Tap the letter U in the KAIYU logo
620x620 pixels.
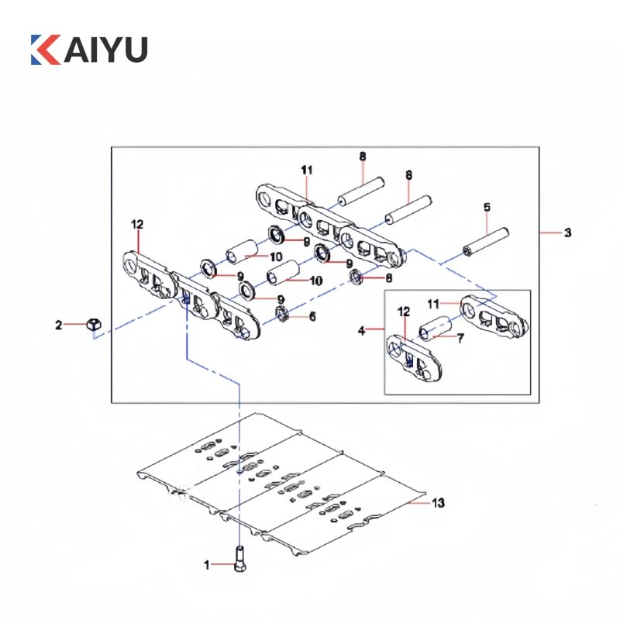click(x=132, y=49)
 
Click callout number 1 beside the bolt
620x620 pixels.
click(x=207, y=566)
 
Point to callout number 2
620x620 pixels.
click(x=58, y=325)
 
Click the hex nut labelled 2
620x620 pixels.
click(x=91, y=325)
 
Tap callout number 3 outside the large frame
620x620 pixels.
click(x=567, y=232)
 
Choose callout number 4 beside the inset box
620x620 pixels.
click(x=361, y=330)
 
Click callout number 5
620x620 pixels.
click(x=487, y=207)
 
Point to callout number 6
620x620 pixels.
click(x=312, y=316)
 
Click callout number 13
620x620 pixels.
click(x=439, y=504)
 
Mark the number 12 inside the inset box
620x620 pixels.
click(x=403, y=311)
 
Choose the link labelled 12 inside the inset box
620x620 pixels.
click(x=415, y=359)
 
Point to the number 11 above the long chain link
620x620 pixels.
click(x=307, y=169)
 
